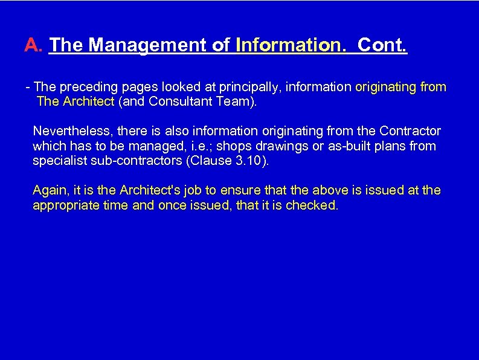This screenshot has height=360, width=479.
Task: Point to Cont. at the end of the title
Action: (382, 45)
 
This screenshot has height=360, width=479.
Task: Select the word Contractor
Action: (410, 131)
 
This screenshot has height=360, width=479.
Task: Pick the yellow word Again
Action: (49, 190)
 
